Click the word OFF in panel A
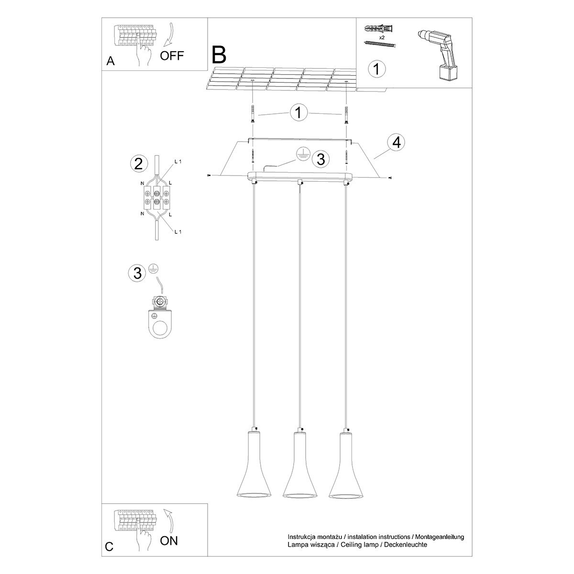pyautogui.click(x=172, y=55)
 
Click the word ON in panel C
pyautogui.click(x=169, y=541)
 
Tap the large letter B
pyautogui.click(x=219, y=55)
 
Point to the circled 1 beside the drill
pyautogui.click(x=376, y=69)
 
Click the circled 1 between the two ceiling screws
pyautogui.click(x=298, y=113)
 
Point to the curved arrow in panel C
pyautogui.click(x=169, y=521)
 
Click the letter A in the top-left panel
pyautogui.click(x=110, y=61)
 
